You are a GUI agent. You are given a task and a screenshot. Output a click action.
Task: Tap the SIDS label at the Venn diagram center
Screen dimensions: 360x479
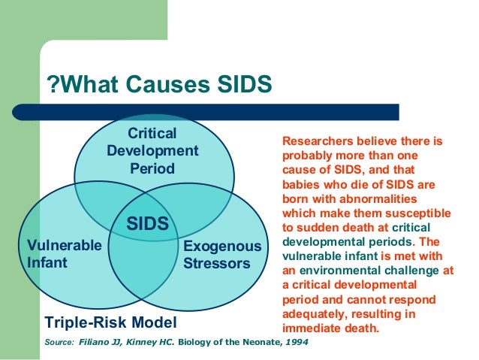click(148, 224)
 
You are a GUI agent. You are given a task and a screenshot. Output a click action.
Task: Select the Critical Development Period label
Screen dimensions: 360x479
click(152, 150)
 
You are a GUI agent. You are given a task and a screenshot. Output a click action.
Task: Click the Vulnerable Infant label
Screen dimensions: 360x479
click(64, 254)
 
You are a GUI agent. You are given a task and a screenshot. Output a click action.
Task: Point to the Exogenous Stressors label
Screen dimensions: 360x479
click(222, 255)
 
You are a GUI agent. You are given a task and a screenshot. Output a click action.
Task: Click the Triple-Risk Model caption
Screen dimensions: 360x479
click(111, 323)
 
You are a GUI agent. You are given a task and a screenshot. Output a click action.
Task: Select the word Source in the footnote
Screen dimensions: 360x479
click(59, 343)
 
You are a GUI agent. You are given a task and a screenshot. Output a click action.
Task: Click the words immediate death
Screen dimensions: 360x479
click(330, 328)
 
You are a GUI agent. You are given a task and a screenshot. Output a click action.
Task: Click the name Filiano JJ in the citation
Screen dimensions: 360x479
click(98, 343)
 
